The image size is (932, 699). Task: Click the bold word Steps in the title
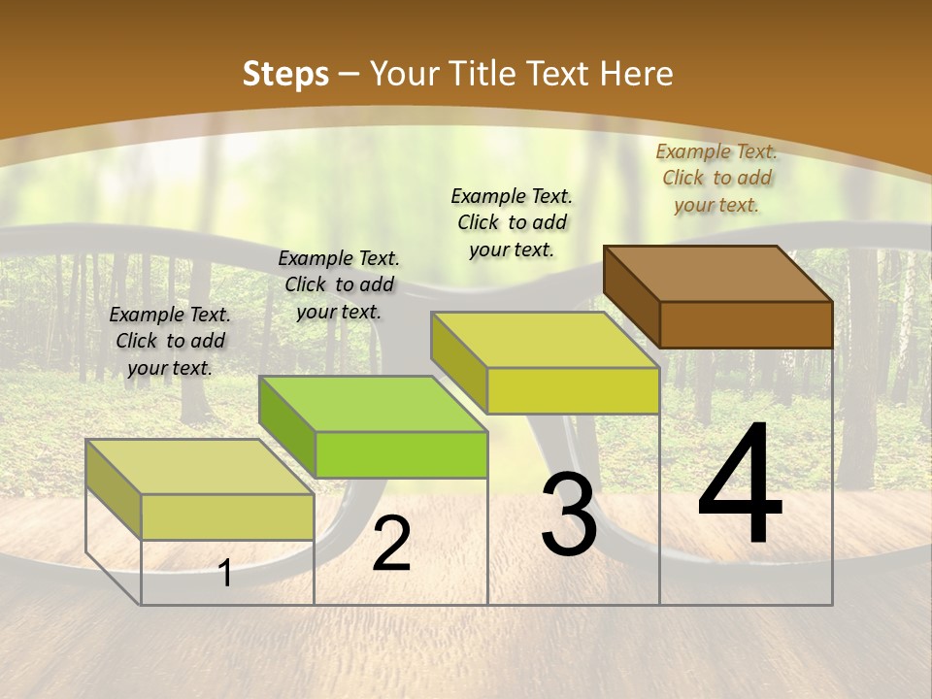point(285,74)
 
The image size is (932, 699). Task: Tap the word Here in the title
point(636,74)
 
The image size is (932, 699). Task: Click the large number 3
point(569,515)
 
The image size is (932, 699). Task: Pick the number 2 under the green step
point(391,544)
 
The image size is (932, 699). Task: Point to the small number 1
point(225,573)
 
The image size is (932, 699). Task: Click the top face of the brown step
point(718,273)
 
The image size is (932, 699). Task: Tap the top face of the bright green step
point(373,403)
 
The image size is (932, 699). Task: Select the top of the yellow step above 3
point(545,339)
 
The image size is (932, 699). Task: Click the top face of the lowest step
point(200,466)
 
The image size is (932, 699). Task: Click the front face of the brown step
point(746,324)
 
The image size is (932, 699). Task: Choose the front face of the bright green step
point(401,454)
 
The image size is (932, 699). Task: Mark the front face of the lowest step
point(227,516)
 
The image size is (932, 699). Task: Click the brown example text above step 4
point(716,178)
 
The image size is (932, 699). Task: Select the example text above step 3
point(512,222)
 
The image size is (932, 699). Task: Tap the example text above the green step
point(339,284)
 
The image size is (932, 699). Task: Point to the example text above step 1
point(170,341)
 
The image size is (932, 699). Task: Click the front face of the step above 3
point(573,390)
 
